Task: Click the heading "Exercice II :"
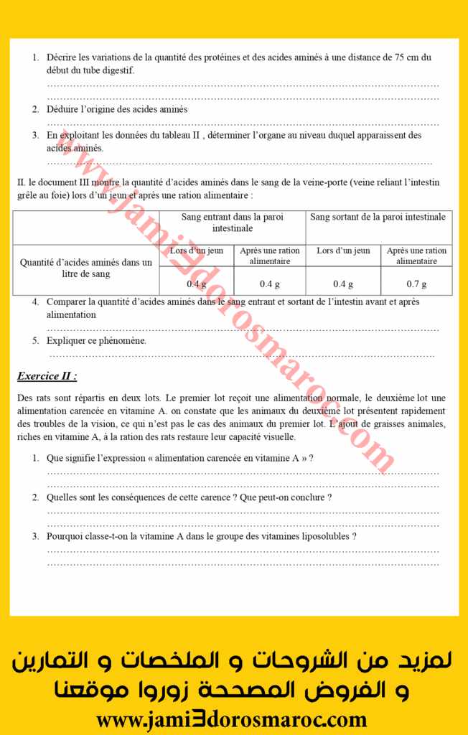tap(47, 375)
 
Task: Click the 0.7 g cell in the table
tap(416, 284)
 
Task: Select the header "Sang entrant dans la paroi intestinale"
tap(233, 223)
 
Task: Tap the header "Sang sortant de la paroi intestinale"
tap(379, 217)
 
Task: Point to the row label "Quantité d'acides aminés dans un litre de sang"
tap(85, 268)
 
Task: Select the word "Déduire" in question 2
tap(62, 109)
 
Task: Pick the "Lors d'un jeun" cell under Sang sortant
tap(343, 251)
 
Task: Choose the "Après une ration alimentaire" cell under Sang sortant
tap(416, 256)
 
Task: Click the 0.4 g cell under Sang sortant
tap(343, 284)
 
